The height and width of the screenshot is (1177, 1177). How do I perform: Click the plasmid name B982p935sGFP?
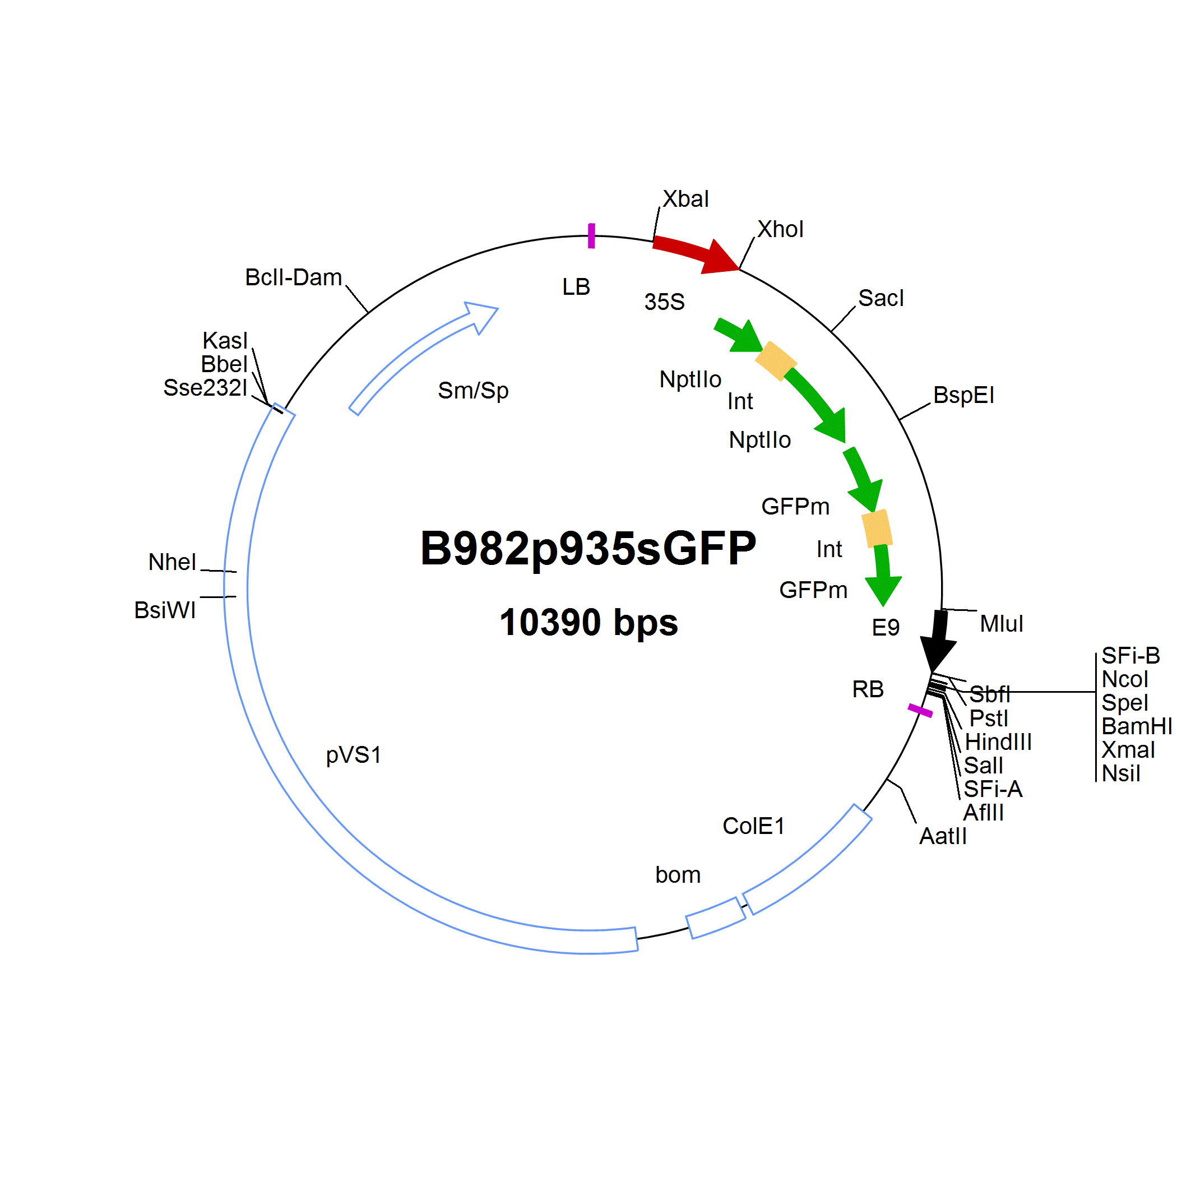[588, 548]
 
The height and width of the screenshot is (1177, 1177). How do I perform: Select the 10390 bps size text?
[588, 622]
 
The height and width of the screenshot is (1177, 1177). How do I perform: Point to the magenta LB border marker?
[591, 236]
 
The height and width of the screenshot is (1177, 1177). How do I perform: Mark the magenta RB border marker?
[920, 710]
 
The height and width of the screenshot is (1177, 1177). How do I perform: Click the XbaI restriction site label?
[685, 199]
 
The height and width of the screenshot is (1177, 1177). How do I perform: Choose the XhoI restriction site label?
[780, 230]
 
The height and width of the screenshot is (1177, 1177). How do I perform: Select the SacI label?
[881, 299]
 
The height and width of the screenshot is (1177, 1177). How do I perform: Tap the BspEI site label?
[964, 395]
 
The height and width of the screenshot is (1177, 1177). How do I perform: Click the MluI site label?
[1002, 624]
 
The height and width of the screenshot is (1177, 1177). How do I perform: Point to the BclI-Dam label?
[294, 278]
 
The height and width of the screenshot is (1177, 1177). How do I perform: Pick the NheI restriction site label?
[173, 562]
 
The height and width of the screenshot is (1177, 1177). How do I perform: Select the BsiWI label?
[165, 610]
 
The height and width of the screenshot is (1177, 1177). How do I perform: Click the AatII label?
[943, 836]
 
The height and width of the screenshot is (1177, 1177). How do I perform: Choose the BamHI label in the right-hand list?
[1137, 727]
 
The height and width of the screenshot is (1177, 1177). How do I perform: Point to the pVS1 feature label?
[353, 756]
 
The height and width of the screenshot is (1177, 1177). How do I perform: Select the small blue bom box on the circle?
[715, 918]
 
